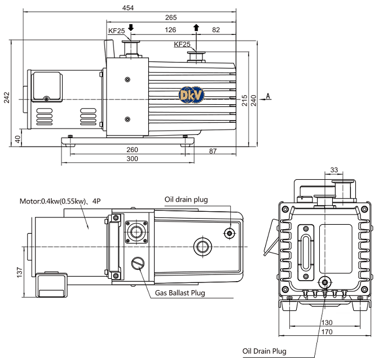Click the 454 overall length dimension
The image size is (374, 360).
coord(128,8)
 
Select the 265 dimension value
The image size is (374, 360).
coord(171,17)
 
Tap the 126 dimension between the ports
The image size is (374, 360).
coord(170,30)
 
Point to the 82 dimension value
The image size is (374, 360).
coord(216,30)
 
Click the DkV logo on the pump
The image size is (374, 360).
coord(192,95)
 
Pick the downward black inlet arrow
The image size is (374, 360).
coord(131,28)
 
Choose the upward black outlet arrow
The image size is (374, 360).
coord(196,28)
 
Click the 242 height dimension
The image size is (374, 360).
coord(6,97)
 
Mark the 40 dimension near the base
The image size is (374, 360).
coord(18,139)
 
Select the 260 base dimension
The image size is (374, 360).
coord(132,150)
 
